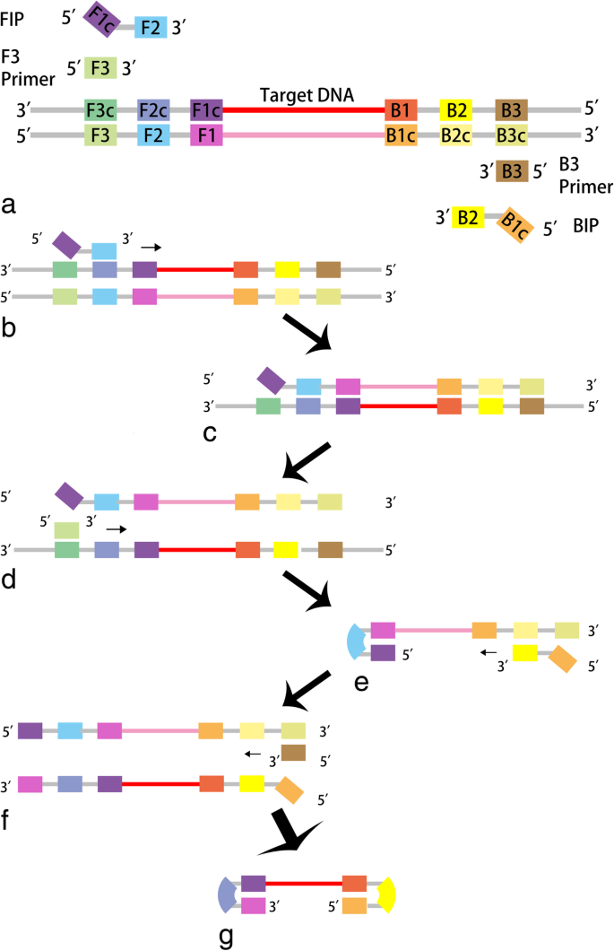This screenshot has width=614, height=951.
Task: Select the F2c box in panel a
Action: coord(153,109)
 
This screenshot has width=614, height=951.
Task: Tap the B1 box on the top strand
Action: coord(401,109)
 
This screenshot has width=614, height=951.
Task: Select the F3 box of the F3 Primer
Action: coord(99,67)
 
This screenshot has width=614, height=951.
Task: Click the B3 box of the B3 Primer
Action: coord(511,170)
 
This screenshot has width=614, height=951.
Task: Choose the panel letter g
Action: coord(226,936)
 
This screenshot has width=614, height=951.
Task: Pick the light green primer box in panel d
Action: coord(65,529)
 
